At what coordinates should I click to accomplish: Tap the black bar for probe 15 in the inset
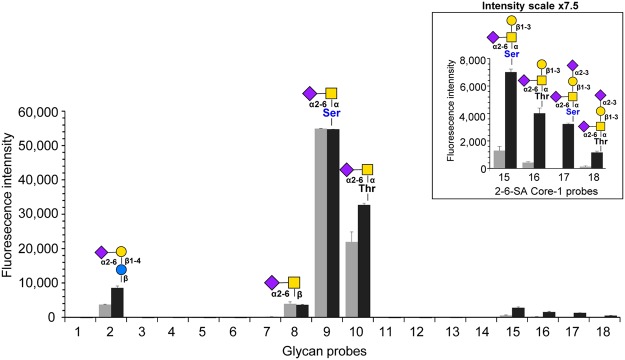pyautogui.click(x=482, y=120)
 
